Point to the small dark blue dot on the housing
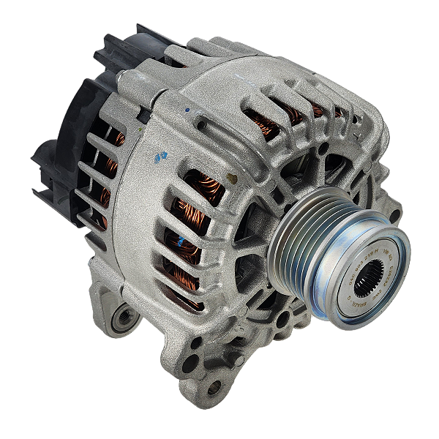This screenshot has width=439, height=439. pos(187,111)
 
